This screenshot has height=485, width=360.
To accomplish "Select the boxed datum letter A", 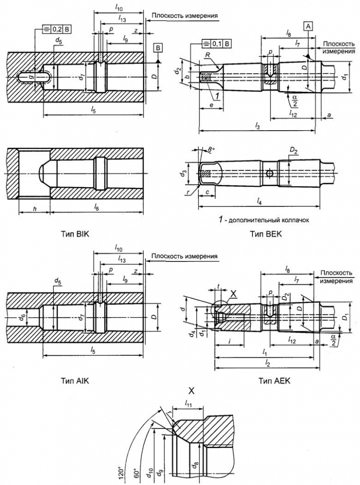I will pos(308,27).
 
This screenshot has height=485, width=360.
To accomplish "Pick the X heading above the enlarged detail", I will pos(191,391).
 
